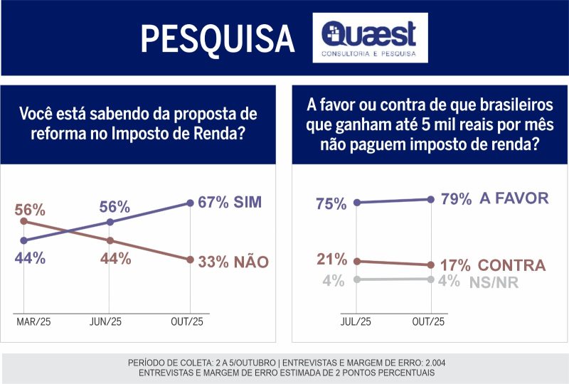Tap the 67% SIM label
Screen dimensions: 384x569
click(x=230, y=202)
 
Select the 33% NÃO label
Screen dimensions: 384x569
click(x=233, y=262)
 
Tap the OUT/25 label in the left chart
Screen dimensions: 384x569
click(x=190, y=322)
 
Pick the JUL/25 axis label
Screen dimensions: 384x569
click(x=356, y=322)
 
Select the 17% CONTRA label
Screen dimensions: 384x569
click(x=492, y=265)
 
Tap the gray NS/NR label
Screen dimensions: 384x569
click(x=494, y=282)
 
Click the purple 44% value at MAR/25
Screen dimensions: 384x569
click(x=31, y=258)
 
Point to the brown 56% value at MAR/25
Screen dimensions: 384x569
click(x=31, y=210)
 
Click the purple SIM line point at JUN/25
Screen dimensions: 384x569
click(x=109, y=222)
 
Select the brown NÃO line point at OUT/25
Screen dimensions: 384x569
click(x=190, y=260)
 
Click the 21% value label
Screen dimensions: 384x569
click(x=332, y=259)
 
